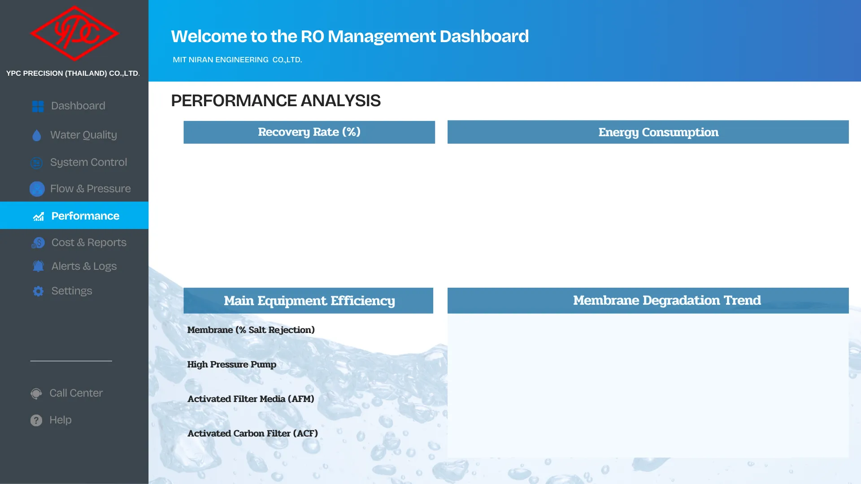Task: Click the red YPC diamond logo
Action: [x=74, y=33]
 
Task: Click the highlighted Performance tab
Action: [x=74, y=216]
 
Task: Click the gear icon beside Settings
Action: [x=38, y=291]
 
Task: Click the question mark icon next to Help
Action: [x=36, y=420]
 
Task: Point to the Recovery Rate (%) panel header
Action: [x=309, y=132]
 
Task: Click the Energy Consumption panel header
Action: [x=648, y=132]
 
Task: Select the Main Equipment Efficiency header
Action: [x=309, y=301]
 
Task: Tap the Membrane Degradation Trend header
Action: [x=648, y=301]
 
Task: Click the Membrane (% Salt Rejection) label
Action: [x=251, y=330]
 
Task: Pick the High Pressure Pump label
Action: [x=231, y=364]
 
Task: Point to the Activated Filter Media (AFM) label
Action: [x=251, y=399]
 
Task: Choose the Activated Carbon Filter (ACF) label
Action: [x=252, y=433]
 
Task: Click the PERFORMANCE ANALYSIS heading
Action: [x=276, y=101]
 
